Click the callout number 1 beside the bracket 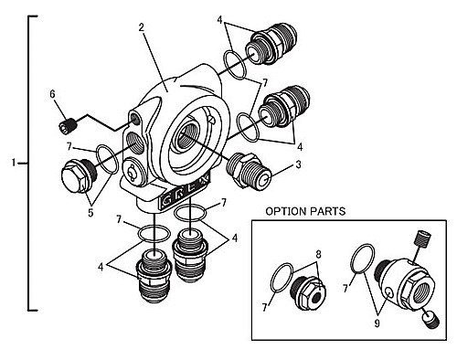13,163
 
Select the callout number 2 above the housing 141,27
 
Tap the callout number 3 298,164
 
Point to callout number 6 52,94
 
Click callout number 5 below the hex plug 90,213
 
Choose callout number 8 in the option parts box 318,254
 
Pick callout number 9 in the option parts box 377,323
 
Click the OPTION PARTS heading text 305,211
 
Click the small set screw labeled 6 67,126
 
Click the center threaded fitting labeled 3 249,171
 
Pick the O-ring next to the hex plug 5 107,159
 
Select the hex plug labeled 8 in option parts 308,293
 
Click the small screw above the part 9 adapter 422,239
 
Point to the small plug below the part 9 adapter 430,321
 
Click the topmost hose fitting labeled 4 271,43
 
